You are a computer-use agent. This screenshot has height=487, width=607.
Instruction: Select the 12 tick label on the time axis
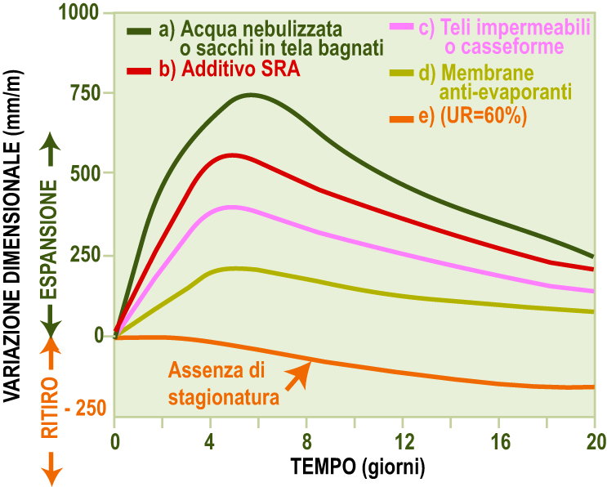coord(402,442)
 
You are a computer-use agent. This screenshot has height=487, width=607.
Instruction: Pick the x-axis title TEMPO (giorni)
coord(358,467)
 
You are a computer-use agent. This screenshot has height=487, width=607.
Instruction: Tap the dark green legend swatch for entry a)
coord(140,31)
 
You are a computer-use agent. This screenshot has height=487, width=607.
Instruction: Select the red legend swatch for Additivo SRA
coord(140,70)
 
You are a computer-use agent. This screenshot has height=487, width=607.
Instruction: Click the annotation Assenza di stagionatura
coord(220,384)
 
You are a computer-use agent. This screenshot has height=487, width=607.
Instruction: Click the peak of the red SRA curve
coord(233,154)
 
